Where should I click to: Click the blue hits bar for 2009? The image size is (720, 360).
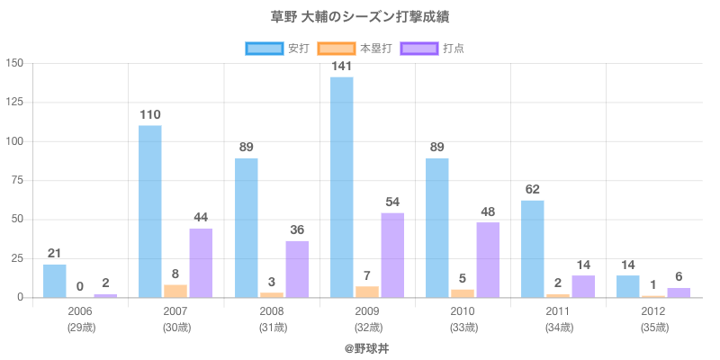click(342, 187)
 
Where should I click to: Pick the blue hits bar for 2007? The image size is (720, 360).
click(150, 211)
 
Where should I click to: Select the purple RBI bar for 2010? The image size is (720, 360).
click(488, 260)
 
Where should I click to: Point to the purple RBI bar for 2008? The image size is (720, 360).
click(297, 269)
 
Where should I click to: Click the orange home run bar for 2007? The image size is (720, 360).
click(175, 291)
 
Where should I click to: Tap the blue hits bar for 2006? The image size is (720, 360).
click(55, 281)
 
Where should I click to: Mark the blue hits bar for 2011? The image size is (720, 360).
click(533, 248)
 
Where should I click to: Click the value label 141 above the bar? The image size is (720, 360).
click(342, 66)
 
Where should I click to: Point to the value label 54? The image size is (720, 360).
click(392, 202)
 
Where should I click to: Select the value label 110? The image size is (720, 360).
click(150, 114)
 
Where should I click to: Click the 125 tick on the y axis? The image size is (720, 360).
click(15, 103)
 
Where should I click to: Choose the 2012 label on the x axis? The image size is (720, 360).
click(653, 311)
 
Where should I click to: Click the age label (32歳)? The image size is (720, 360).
click(367, 328)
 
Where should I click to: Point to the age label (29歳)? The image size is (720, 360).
click(80, 328)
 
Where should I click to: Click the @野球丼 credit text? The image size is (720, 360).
click(366, 347)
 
